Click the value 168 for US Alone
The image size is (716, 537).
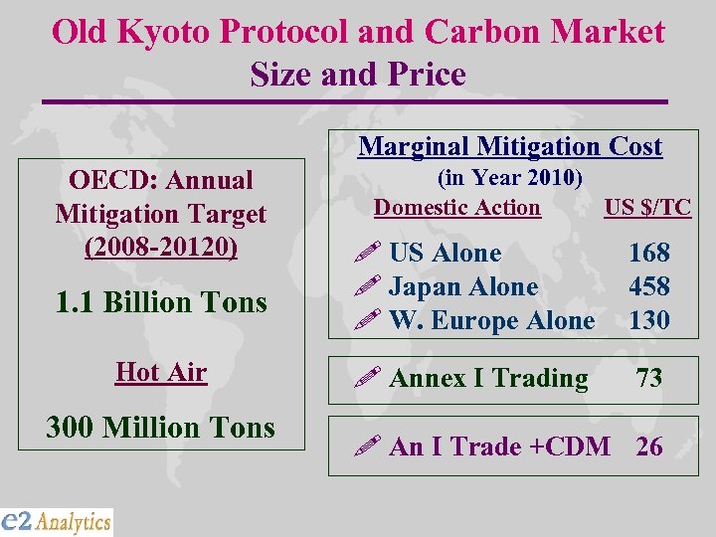pos(649,253)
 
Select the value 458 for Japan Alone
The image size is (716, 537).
pos(649,286)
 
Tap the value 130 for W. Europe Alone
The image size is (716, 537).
pos(649,320)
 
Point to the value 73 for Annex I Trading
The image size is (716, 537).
pos(648,378)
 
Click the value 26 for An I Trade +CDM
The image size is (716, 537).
pos(649,447)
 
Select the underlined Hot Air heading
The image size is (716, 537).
pos(161,372)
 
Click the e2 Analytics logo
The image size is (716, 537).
pos(57,521)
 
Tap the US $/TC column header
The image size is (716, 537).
pos(647,208)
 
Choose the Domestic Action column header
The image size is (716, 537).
pos(457,208)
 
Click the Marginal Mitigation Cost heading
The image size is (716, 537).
pos(510,146)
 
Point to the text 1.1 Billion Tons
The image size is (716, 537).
pos(161,301)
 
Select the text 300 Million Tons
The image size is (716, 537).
pos(161,428)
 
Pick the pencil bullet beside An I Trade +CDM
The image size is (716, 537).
pos(370,447)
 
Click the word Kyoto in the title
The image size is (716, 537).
pos(165,32)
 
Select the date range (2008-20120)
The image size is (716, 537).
pos(161,247)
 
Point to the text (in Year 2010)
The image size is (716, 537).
pos(510,177)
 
